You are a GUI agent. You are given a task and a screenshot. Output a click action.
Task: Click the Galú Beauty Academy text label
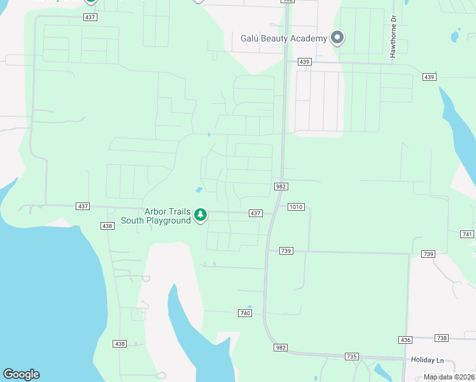283,38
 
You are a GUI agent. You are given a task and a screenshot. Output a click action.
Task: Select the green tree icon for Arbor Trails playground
200,215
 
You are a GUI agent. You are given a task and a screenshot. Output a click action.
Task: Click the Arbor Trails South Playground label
167,216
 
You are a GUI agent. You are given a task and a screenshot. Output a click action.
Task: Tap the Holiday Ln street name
426,360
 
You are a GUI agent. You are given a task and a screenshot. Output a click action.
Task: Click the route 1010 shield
295,206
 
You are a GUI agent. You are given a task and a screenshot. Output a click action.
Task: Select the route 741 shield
467,234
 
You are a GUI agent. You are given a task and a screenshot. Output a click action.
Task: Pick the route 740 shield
246,313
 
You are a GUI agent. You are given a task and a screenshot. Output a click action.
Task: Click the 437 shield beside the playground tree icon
256,213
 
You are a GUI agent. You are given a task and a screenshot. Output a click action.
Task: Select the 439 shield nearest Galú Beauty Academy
304,62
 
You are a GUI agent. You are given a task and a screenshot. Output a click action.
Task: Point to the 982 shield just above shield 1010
281,187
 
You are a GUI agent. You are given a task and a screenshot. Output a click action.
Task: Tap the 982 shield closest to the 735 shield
282,348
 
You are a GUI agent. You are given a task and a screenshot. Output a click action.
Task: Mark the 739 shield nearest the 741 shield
428,254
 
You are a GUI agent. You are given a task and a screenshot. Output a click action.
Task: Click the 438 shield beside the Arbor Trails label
107,226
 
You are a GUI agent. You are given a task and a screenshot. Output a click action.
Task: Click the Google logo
21,374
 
